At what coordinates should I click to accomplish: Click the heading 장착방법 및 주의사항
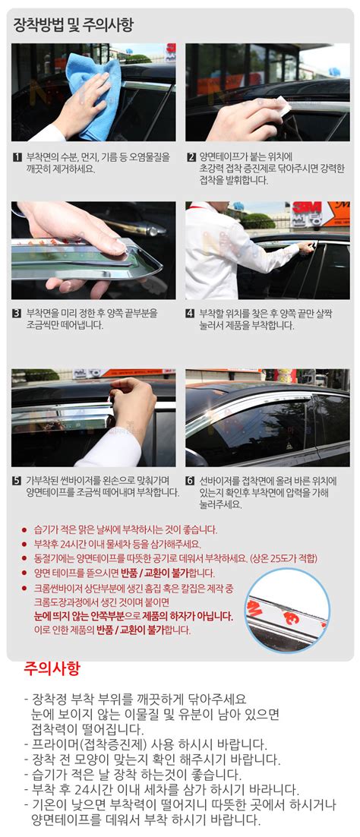tap(74, 25)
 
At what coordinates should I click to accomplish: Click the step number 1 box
tap(17, 158)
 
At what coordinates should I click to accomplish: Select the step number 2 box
tap(191, 158)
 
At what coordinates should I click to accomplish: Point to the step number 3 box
tap(17, 313)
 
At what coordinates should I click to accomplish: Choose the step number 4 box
tap(191, 313)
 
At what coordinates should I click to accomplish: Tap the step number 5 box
tap(17, 482)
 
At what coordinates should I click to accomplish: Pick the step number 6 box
tap(191, 482)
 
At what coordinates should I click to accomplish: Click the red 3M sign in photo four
tap(311, 213)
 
